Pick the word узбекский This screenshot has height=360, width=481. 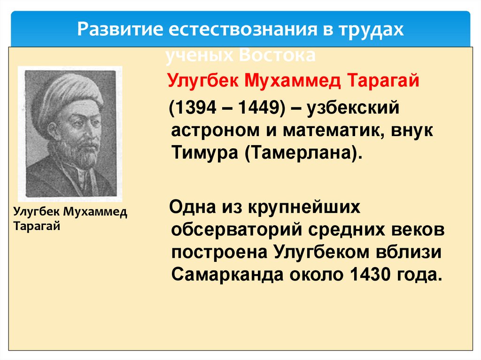[353, 109]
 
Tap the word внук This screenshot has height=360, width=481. [410, 131]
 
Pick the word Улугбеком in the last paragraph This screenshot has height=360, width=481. [325, 253]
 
